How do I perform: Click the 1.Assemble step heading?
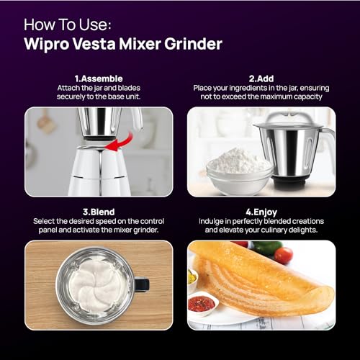(99, 78)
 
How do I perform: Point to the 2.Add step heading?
(261, 78)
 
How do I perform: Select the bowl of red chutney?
(202, 303)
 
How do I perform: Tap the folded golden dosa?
(266, 281)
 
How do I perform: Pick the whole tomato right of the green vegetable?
(284, 255)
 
